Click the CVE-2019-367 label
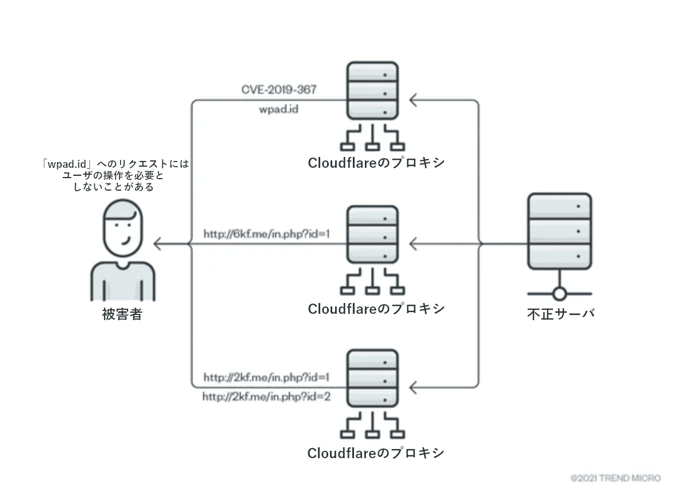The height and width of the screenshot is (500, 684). (279, 89)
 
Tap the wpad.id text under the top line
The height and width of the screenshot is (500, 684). (279, 109)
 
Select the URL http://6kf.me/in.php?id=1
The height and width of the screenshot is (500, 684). (267, 234)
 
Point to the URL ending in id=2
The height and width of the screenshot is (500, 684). (267, 397)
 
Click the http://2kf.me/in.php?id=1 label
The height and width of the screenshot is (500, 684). (267, 377)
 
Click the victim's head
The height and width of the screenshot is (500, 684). (123, 227)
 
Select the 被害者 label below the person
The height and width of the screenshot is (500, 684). (122, 314)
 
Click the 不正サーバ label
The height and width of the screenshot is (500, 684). (560, 314)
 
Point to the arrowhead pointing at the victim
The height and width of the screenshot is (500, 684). (158, 243)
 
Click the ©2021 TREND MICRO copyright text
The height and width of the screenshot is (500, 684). (615, 478)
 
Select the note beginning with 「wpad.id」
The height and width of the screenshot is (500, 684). (115, 176)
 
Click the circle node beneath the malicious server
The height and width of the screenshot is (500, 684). (560, 293)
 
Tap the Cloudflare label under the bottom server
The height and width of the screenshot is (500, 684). (376, 453)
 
